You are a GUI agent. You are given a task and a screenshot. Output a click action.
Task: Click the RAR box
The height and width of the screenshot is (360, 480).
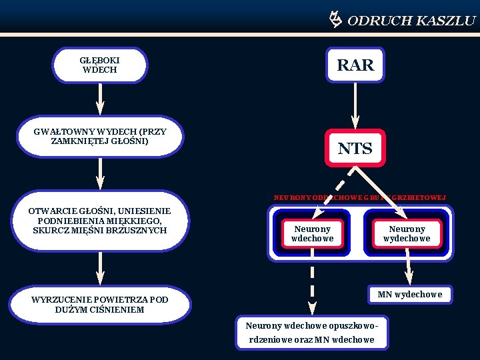[x=355, y=65]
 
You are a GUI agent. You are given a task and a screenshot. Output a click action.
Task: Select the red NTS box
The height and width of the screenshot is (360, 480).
[x=355, y=148]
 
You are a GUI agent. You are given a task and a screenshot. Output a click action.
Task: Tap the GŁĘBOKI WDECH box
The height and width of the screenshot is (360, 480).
[x=100, y=65]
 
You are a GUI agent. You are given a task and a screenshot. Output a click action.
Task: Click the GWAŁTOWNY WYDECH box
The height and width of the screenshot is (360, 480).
[x=100, y=137]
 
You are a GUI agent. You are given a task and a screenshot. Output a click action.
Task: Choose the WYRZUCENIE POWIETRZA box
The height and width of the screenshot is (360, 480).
[x=100, y=305]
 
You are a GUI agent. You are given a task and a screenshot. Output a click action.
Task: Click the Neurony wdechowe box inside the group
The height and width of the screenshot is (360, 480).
[x=313, y=234]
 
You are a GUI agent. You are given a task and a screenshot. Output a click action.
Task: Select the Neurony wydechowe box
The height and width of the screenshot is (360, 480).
[x=407, y=234]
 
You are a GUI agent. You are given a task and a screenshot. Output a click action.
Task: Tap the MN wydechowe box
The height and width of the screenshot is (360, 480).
[x=409, y=295]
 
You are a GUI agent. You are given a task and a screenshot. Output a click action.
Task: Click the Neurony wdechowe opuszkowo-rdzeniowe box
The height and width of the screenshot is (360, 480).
[x=311, y=333]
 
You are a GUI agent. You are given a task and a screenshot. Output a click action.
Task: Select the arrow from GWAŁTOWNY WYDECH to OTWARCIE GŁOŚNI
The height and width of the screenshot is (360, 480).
[x=100, y=173]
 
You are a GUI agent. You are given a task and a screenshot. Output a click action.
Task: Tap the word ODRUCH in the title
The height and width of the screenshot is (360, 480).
[x=379, y=21]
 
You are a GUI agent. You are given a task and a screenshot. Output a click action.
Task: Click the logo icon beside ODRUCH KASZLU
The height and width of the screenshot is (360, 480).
[x=335, y=19]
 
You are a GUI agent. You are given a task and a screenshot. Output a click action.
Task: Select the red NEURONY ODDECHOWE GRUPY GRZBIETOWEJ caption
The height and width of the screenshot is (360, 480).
[x=360, y=197]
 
